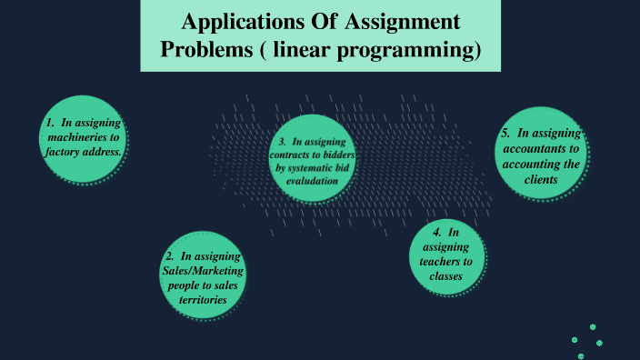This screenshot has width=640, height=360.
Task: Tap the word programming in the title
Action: click(x=417, y=49)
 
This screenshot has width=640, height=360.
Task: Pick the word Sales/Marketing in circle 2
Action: click(x=199, y=272)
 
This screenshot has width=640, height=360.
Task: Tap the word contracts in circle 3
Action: click(x=296, y=155)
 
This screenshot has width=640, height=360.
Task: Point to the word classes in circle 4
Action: click(x=445, y=275)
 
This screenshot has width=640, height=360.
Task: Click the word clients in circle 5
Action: click(x=539, y=180)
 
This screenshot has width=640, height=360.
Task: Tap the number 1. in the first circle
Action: click(x=51, y=122)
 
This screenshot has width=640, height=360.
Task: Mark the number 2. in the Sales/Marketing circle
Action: click(x=171, y=257)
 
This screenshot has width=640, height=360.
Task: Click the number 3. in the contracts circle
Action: click(x=283, y=142)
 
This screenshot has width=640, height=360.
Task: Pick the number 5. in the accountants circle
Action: click(x=505, y=134)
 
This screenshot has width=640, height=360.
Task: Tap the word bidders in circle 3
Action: click(x=339, y=155)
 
